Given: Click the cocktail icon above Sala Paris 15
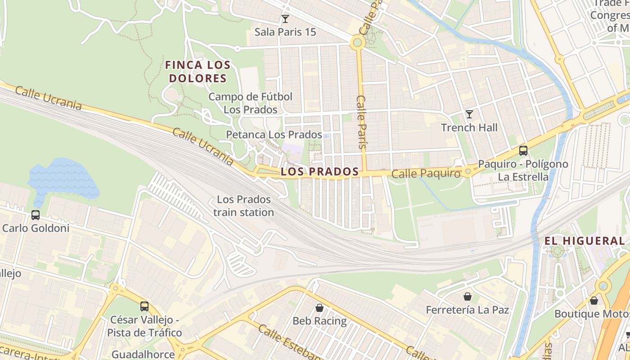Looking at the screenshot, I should [285, 19].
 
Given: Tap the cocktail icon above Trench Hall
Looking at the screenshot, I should [469, 114].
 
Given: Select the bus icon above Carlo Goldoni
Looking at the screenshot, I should [36, 215].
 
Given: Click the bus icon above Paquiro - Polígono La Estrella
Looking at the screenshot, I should [523, 151].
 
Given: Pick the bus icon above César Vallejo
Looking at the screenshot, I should [144, 306].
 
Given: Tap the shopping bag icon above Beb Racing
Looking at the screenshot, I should [319, 308].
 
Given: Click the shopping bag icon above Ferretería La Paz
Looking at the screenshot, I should [468, 297].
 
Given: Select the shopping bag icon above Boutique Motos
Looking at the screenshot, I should [594, 301].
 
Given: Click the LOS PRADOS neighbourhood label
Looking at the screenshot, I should [319, 171].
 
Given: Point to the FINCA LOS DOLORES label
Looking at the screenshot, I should [198, 72].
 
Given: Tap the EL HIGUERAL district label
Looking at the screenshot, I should [585, 241].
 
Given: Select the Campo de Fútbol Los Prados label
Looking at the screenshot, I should [250, 103].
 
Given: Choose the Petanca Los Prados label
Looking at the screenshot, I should [274, 135].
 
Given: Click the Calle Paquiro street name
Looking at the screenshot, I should [426, 174].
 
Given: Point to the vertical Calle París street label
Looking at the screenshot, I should [361, 121].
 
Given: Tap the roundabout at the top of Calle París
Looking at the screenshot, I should [358, 43].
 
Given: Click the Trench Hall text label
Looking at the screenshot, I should [469, 127].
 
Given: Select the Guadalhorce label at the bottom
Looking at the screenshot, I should [143, 354].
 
